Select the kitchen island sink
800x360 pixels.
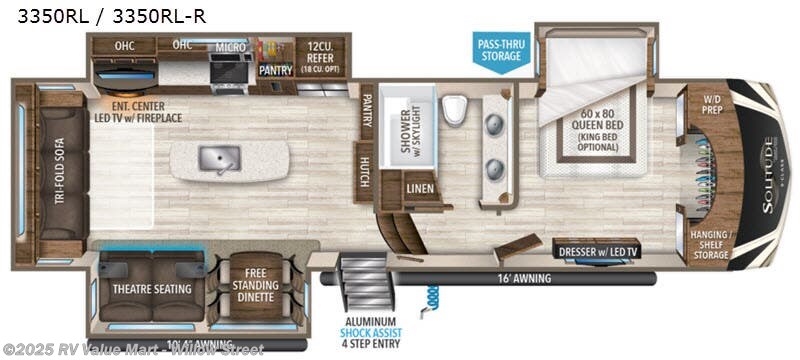(216, 159)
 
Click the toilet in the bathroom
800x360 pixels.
(454, 108)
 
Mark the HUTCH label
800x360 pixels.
(366, 171)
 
